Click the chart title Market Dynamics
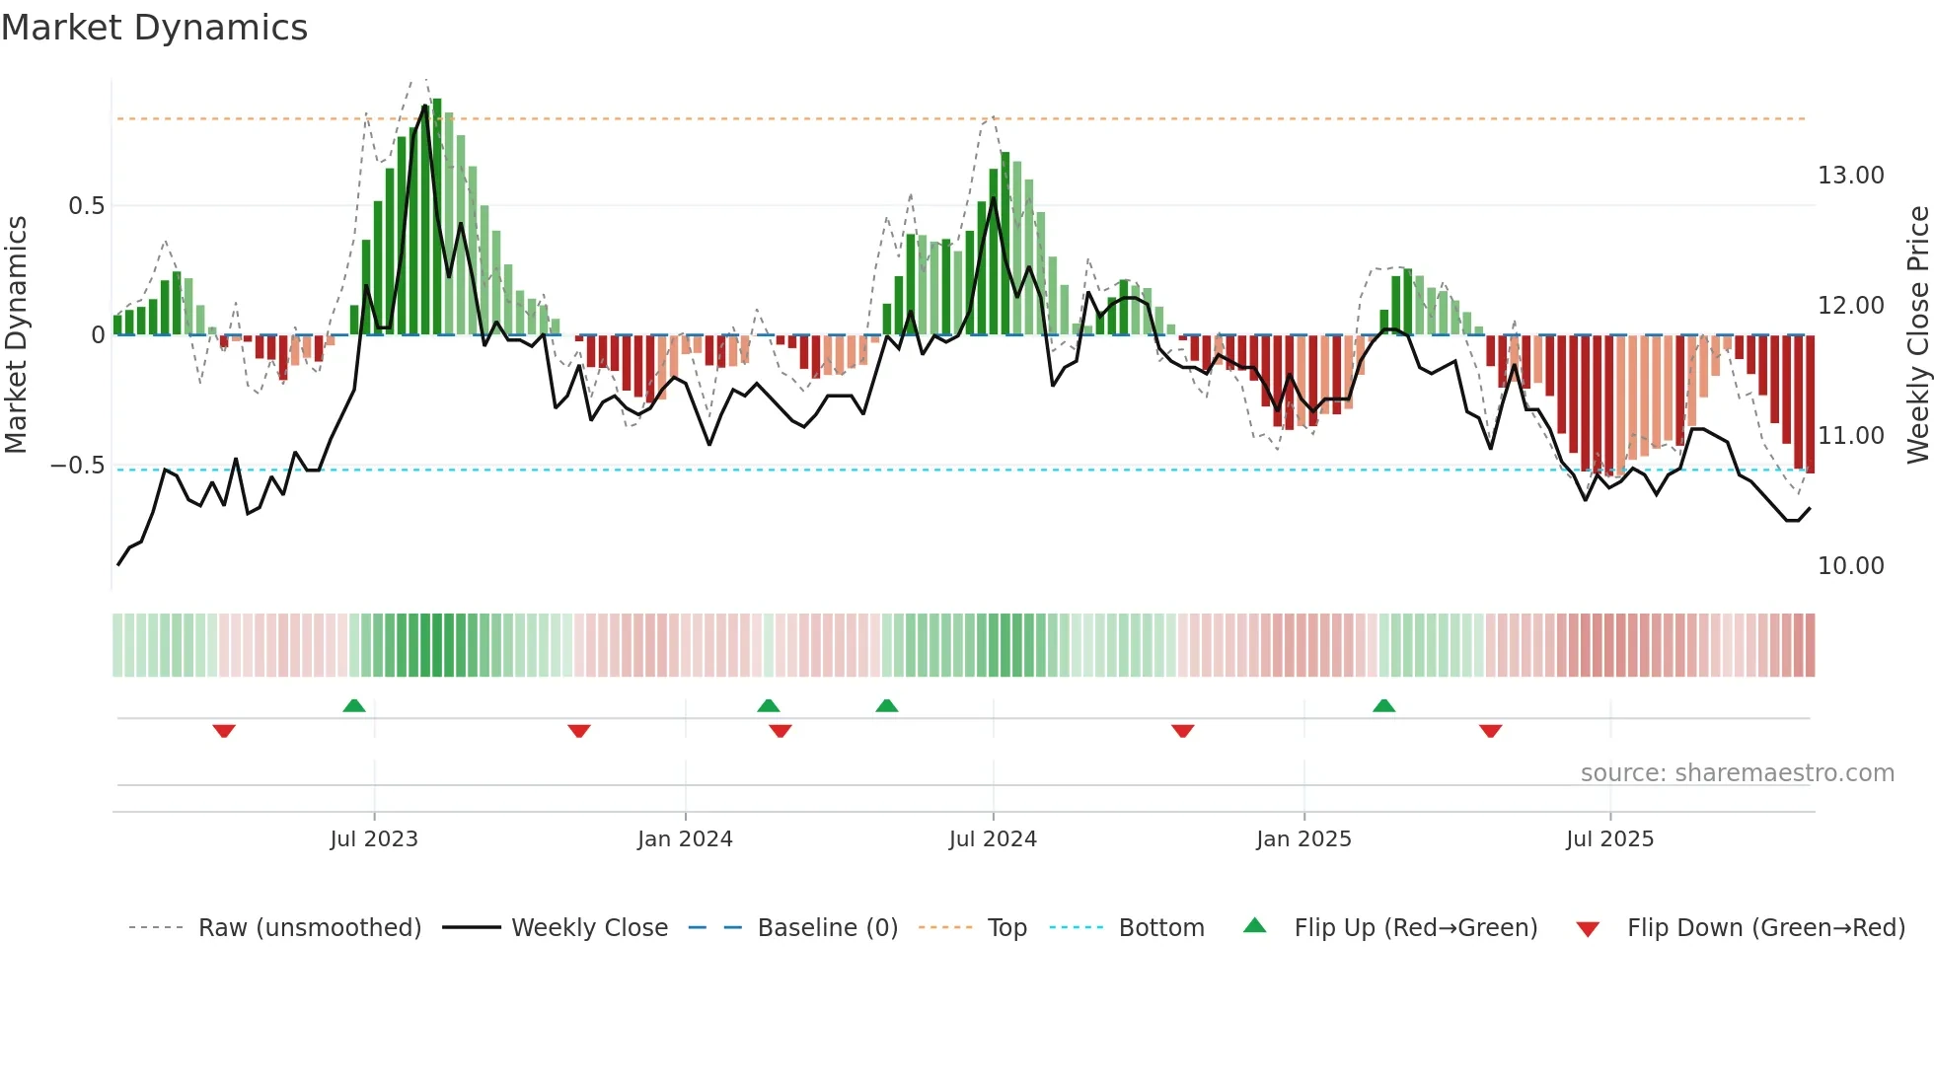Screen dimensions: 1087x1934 [x=154, y=28]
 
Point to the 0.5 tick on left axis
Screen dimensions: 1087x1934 [x=86, y=206]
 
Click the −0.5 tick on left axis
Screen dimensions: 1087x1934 [x=78, y=466]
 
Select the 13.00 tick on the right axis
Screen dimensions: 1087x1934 [x=1850, y=176]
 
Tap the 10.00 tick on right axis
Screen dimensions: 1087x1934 [x=1850, y=566]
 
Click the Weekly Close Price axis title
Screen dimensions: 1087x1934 [x=1917, y=335]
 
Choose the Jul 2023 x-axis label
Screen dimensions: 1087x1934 [x=374, y=839]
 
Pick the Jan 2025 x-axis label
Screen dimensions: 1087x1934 [x=1303, y=839]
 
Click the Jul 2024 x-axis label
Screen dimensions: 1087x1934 [x=993, y=839]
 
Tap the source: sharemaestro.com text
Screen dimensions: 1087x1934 [x=1737, y=773]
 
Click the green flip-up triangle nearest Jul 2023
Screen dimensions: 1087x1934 [x=354, y=705]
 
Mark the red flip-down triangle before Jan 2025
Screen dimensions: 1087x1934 [x=1183, y=731]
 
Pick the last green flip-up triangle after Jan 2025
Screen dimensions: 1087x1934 [x=1384, y=705]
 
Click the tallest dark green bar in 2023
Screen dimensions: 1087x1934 [x=437, y=217]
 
